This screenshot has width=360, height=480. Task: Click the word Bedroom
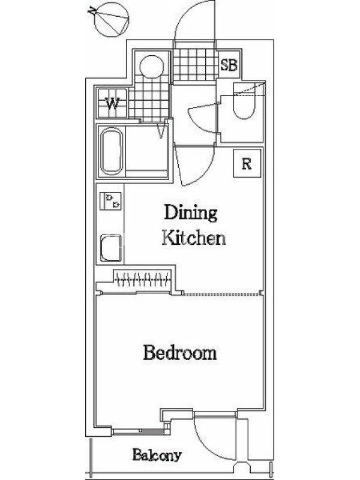click(x=180, y=353)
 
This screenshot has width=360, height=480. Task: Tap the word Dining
click(x=191, y=212)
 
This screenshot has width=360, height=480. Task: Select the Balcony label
click(x=157, y=455)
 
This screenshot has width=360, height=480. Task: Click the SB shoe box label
click(x=229, y=65)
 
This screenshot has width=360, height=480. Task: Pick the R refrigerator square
click(x=247, y=163)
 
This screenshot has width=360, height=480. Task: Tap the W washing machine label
click(x=112, y=103)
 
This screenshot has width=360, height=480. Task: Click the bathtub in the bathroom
click(x=112, y=151)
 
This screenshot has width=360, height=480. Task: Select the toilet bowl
click(x=244, y=101)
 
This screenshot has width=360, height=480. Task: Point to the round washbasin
click(x=151, y=67)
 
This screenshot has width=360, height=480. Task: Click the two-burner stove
click(x=110, y=201)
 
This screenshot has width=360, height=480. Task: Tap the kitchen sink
click(x=111, y=248)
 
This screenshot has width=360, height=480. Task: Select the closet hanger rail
click(x=142, y=278)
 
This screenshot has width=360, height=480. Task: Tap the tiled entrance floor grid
click(x=195, y=65)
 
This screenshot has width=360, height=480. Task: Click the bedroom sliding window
click(x=139, y=431)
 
